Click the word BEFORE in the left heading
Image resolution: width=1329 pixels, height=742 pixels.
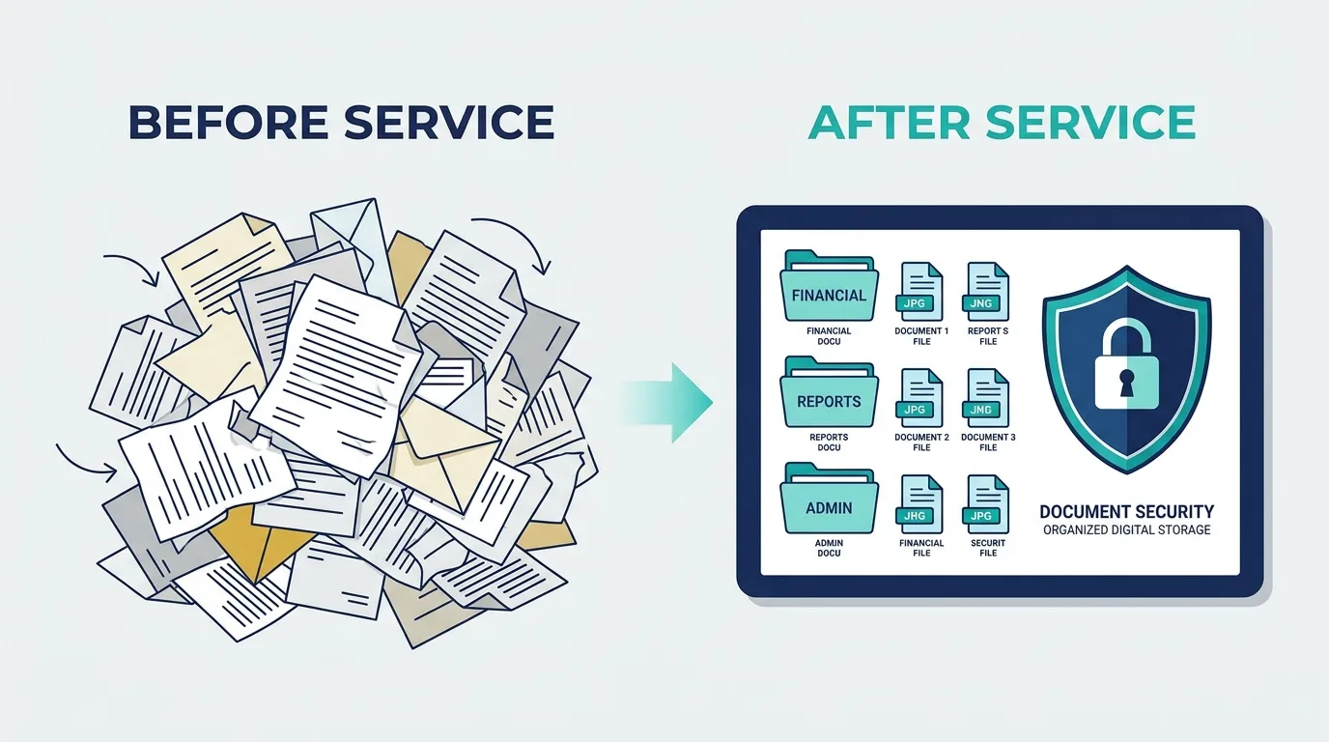pyautogui.click(x=228, y=123)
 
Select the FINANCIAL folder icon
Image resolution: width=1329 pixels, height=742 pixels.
pyautogui.click(x=829, y=286)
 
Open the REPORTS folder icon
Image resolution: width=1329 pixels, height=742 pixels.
pyautogui.click(x=829, y=392)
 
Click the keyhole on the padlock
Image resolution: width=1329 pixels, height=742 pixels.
pyautogui.click(x=1126, y=383)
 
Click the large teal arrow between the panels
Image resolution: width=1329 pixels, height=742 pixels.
pyautogui.click(x=667, y=403)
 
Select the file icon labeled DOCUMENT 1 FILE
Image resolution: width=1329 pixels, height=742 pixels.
pyautogui.click(x=920, y=292)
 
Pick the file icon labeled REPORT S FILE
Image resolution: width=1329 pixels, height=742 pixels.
pyautogui.click(x=987, y=292)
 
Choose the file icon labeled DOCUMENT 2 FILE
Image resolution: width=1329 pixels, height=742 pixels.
pyautogui.click(x=920, y=398)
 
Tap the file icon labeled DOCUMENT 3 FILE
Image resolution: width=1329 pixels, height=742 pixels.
pyautogui.click(x=987, y=398)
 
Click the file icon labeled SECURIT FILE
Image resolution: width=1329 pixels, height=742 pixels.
pyautogui.click(x=987, y=504)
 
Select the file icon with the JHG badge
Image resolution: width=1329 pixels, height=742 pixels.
pyautogui.click(x=920, y=504)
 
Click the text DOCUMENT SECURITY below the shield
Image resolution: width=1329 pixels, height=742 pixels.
pyautogui.click(x=1127, y=511)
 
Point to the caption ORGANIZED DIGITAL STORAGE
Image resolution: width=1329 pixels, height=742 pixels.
pyautogui.click(x=1127, y=529)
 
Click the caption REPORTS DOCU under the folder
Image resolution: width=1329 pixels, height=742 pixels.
pyautogui.click(x=829, y=442)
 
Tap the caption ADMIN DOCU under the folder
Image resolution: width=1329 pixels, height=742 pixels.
pyautogui.click(x=829, y=548)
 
